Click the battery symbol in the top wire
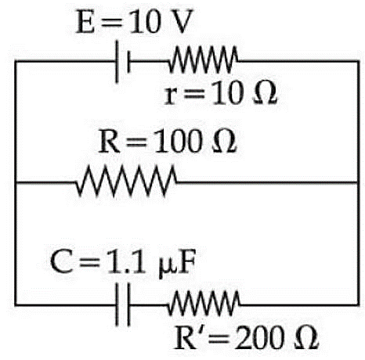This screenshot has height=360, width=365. (x=122, y=62)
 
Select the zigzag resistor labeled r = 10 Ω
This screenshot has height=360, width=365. (x=203, y=59)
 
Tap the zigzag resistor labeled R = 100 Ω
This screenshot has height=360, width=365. (x=126, y=181)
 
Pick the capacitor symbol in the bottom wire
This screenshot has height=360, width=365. (x=122, y=304)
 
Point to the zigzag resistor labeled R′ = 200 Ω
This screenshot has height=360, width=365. (x=204, y=304)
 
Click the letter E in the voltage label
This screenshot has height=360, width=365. (x=85, y=21)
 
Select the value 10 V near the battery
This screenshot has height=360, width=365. (x=161, y=21)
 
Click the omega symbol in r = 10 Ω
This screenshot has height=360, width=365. (x=265, y=93)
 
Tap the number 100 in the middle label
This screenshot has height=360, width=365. (x=179, y=142)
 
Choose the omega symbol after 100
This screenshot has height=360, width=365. (x=224, y=142)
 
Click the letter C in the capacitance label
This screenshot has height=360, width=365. (x=61, y=261)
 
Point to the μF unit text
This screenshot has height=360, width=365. (x=177, y=264)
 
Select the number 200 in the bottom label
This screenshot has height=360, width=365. (x=259, y=338)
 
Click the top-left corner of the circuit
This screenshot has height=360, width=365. (x=16, y=62)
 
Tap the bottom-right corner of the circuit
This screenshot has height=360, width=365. (x=358, y=304)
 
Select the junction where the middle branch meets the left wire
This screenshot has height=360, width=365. (x=16, y=182)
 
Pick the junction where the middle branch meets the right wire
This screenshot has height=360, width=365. (x=358, y=182)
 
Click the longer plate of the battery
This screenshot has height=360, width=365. (x=117, y=62)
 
